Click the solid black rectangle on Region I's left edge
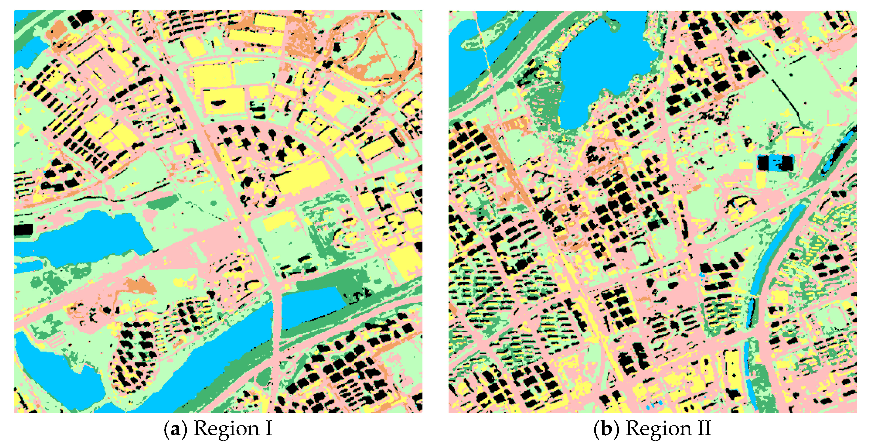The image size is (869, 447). click(23, 230)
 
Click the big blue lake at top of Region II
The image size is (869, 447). click(607, 64)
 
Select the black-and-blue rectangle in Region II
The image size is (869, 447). click(775, 163)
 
